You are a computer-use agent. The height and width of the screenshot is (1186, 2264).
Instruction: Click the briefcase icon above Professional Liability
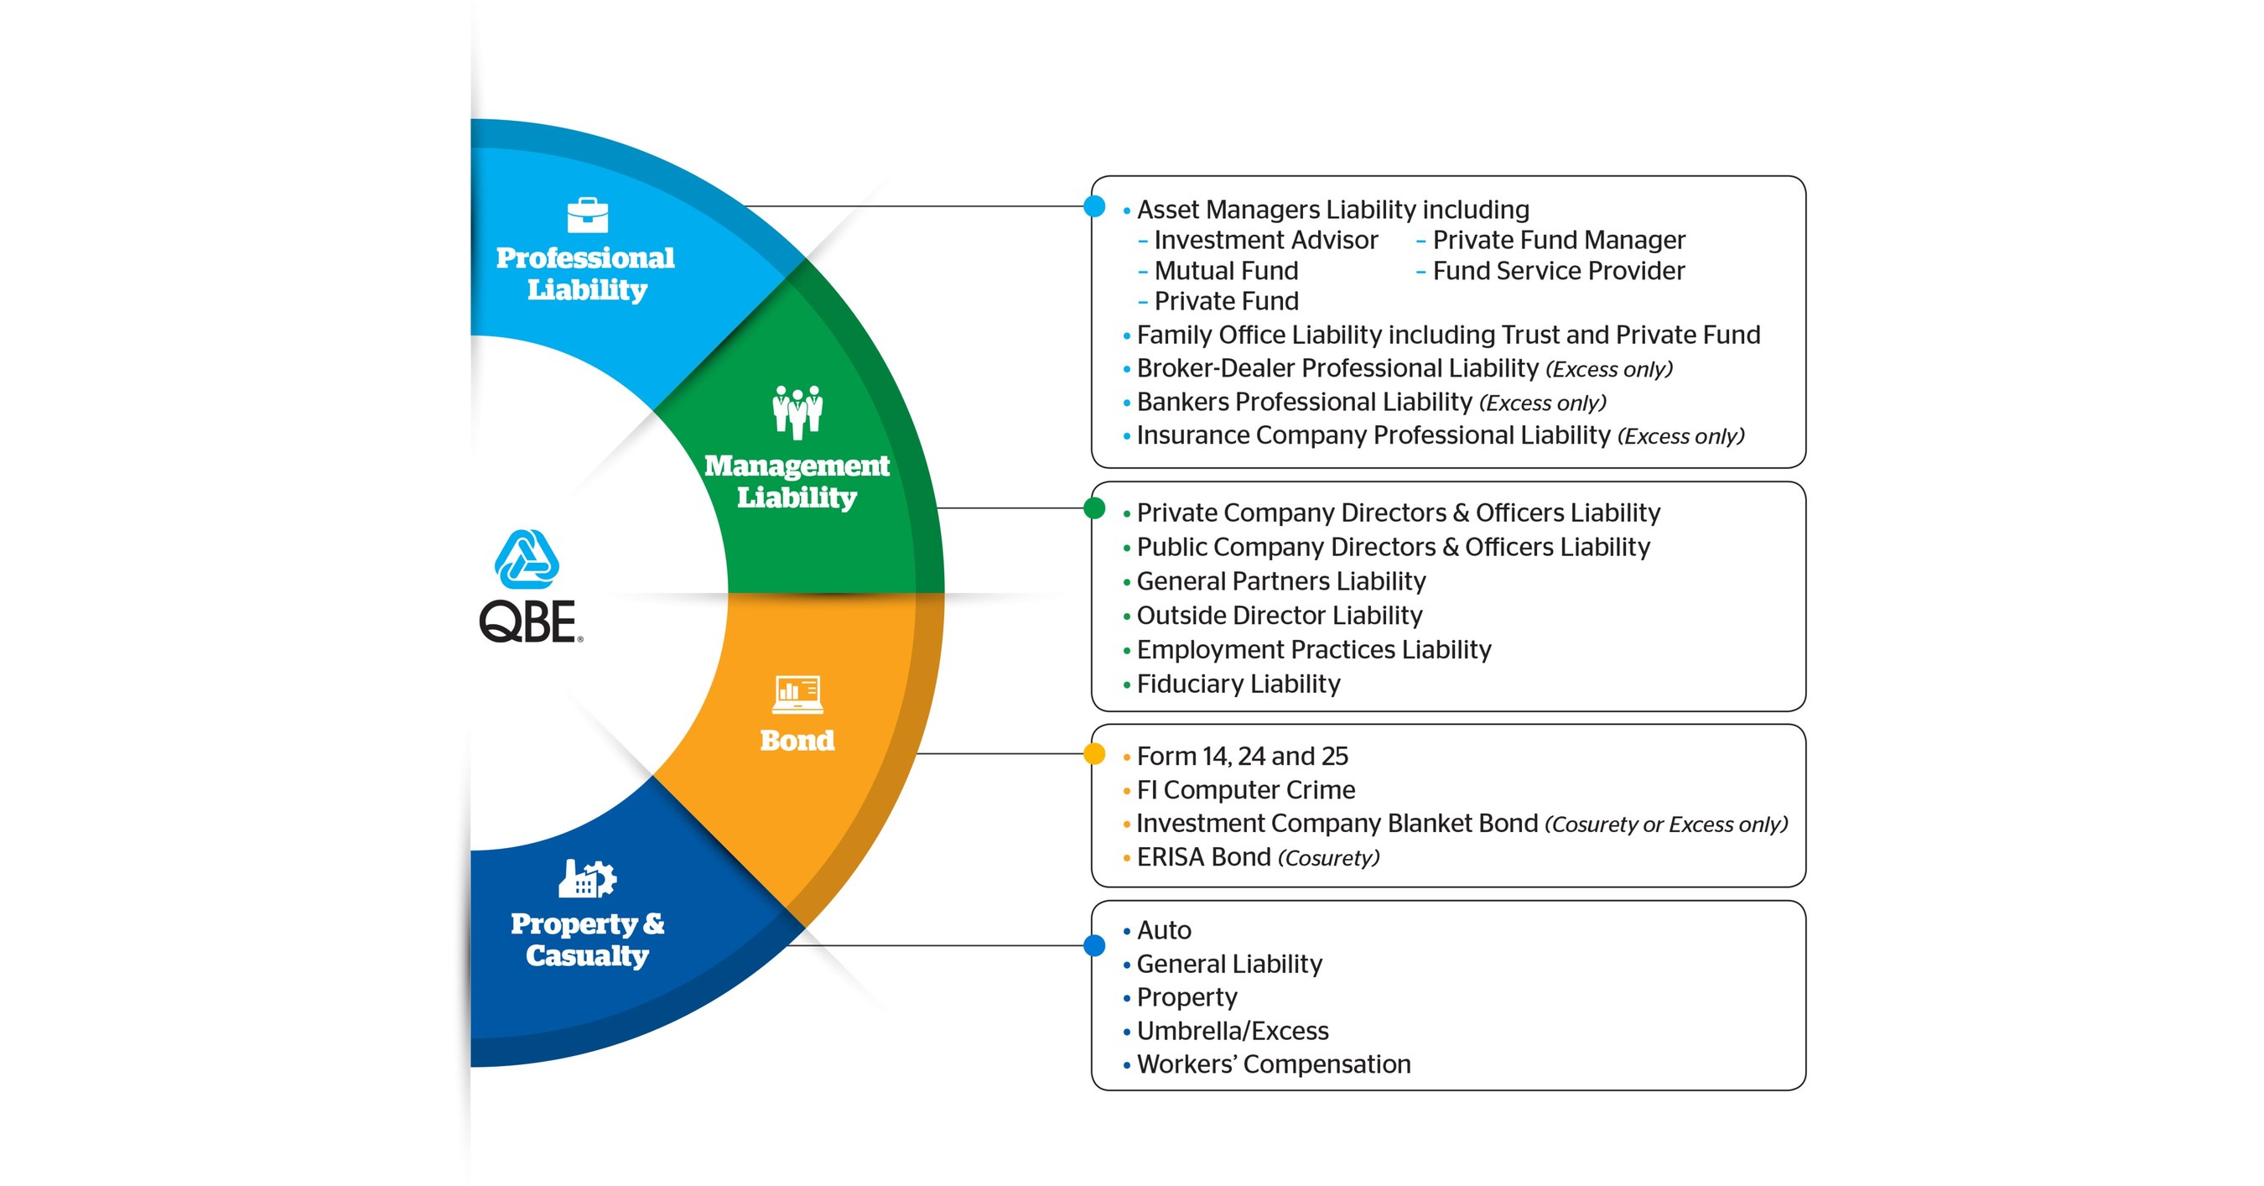click(587, 216)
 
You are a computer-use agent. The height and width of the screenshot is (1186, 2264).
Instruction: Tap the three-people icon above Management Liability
click(797, 412)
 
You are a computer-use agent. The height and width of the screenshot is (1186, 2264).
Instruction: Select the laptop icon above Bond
click(797, 694)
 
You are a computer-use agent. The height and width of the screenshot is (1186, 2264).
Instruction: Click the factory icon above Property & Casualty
click(587, 878)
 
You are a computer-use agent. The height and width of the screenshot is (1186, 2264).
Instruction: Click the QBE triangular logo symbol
click(527, 559)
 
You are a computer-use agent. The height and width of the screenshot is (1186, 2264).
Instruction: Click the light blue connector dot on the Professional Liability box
click(1094, 206)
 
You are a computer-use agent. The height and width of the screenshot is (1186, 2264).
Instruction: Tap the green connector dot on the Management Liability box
click(1094, 508)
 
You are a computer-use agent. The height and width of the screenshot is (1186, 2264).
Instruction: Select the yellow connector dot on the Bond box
click(1094, 753)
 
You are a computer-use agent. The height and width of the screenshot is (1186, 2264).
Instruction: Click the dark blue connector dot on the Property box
click(1094, 946)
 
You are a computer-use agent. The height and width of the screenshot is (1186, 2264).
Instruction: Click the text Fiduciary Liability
click(1238, 684)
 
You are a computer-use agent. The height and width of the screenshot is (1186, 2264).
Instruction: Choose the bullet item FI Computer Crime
click(1245, 789)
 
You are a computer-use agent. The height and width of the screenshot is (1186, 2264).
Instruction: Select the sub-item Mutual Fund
click(1225, 271)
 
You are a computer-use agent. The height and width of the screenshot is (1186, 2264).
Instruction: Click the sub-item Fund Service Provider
click(1558, 271)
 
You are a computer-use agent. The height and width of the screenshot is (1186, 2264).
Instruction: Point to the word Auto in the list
click(1164, 930)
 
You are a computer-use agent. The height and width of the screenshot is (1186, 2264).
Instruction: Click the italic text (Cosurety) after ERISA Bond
click(1328, 858)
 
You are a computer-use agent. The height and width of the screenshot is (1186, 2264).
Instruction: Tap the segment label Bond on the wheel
click(797, 741)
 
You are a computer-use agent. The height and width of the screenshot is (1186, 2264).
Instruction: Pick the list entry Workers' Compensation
click(1274, 1064)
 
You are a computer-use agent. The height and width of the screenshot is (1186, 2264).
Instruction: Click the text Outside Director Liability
click(1279, 616)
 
